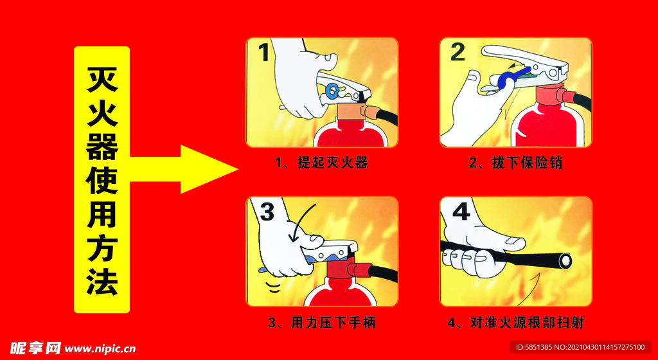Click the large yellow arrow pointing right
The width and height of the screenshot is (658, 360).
tap(183, 169)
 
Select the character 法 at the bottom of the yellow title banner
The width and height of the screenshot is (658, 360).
tap(102, 281)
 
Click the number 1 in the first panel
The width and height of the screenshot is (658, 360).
tap(263, 53)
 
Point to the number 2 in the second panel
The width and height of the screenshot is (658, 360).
tap(457, 52)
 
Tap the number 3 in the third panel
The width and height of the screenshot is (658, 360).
tap(267, 211)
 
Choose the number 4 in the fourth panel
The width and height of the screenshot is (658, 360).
tap(461, 212)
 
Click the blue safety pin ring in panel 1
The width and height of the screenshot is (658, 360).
tap(332, 90)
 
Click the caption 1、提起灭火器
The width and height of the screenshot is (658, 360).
tap(322, 163)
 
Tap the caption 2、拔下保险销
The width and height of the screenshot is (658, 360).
tap(515, 163)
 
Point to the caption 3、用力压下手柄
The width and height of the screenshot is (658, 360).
tap(322, 322)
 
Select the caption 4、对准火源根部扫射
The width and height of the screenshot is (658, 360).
tap(515, 322)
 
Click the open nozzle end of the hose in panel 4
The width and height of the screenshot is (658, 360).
tap(565, 260)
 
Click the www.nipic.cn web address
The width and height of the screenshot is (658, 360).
tap(101, 349)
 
